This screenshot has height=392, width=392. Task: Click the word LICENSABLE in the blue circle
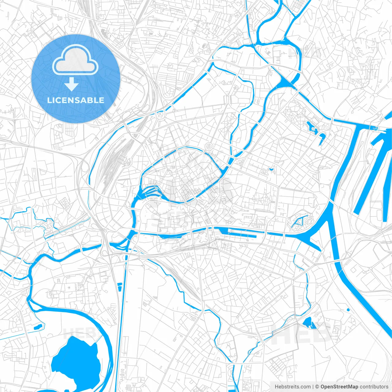76,100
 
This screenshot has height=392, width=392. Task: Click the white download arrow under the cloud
72,84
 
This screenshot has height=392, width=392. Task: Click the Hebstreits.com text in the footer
292,387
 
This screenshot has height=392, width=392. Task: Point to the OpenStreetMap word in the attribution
339,387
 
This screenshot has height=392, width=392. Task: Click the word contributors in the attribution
374,387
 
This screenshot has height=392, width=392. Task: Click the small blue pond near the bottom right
307,322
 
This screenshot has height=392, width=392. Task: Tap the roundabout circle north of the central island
210,146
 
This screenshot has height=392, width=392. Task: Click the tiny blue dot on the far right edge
349,310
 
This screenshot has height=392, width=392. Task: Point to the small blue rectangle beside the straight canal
119,287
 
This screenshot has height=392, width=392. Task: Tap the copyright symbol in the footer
317,387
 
